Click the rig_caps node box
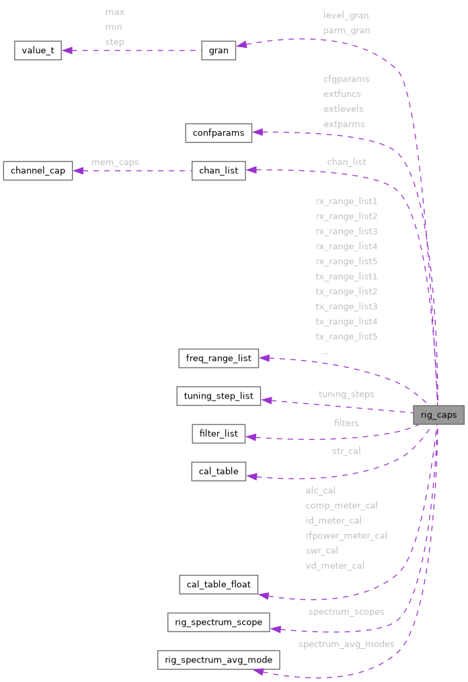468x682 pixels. click(x=438, y=415)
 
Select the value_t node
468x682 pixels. click(x=38, y=51)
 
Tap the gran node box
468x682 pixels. click(x=219, y=50)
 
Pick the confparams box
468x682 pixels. click(x=219, y=133)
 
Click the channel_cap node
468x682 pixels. click(x=38, y=170)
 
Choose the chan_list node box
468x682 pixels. click(x=219, y=170)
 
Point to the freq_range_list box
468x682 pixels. click(x=219, y=358)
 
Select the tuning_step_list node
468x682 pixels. click(x=219, y=396)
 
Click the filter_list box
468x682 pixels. click(x=219, y=434)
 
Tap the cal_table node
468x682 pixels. click(x=219, y=471)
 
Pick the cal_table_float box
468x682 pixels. click(x=219, y=584)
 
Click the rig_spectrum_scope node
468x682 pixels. click(x=219, y=622)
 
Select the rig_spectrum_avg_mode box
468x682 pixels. click(x=219, y=660)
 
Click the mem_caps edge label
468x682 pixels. click(x=115, y=162)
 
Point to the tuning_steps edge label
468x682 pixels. click(x=346, y=394)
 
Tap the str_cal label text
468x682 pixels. click(x=346, y=450)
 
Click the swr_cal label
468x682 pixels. click(x=321, y=551)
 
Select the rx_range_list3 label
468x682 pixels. click(x=346, y=231)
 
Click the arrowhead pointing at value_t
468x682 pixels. click(x=67, y=51)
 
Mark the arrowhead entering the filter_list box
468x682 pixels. click(x=251, y=437)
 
